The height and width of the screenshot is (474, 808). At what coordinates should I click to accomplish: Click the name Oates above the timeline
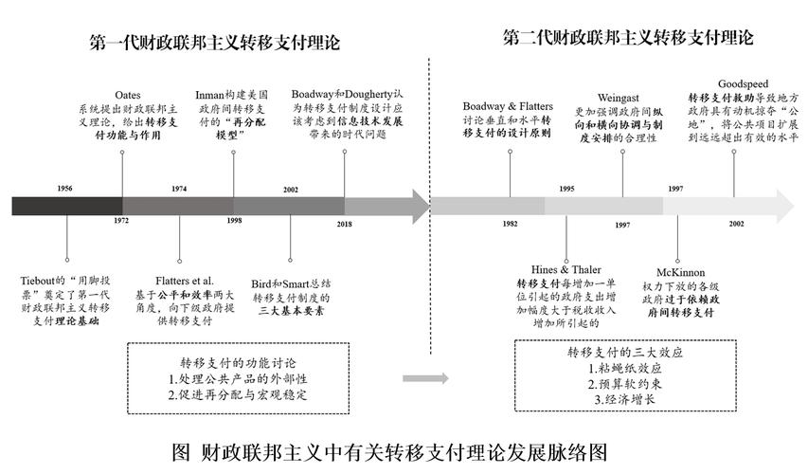pos(128,96)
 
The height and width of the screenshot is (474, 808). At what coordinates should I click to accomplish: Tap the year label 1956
pos(64,189)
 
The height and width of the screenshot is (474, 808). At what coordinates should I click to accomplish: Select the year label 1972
pos(121,220)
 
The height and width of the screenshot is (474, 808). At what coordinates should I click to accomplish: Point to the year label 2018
pos(344,224)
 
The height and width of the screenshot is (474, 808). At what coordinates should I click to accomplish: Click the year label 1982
pos(511,223)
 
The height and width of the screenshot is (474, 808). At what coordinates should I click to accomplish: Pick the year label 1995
pos(566,189)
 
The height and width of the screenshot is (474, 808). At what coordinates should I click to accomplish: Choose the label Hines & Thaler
pos(566,268)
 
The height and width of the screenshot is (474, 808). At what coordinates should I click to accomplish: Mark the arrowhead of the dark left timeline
pos(417,205)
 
